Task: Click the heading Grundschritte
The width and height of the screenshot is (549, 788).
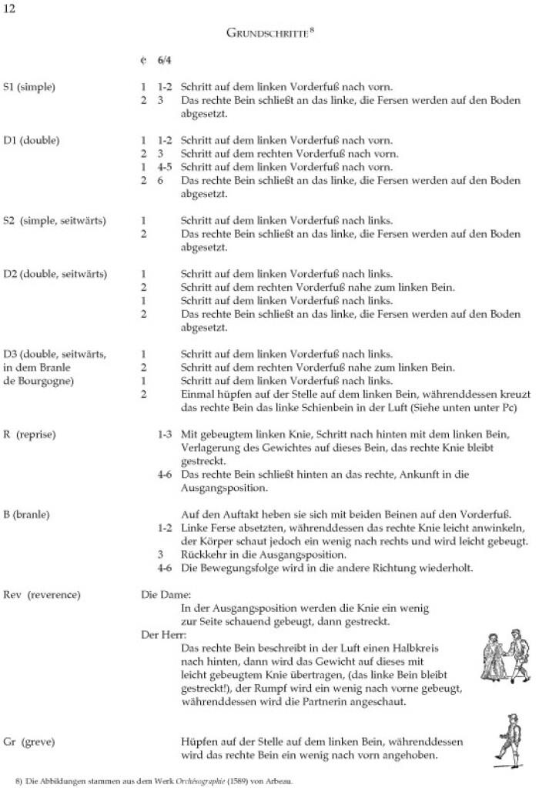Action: pyautogui.click(x=269, y=33)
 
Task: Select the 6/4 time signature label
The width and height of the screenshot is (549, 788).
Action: pyautogui.click(x=165, y=59)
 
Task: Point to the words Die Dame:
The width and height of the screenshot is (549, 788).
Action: pyautogui.click(x=160, y=594)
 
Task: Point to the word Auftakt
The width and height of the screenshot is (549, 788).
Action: pyautogui.click(x=234, y=513)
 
